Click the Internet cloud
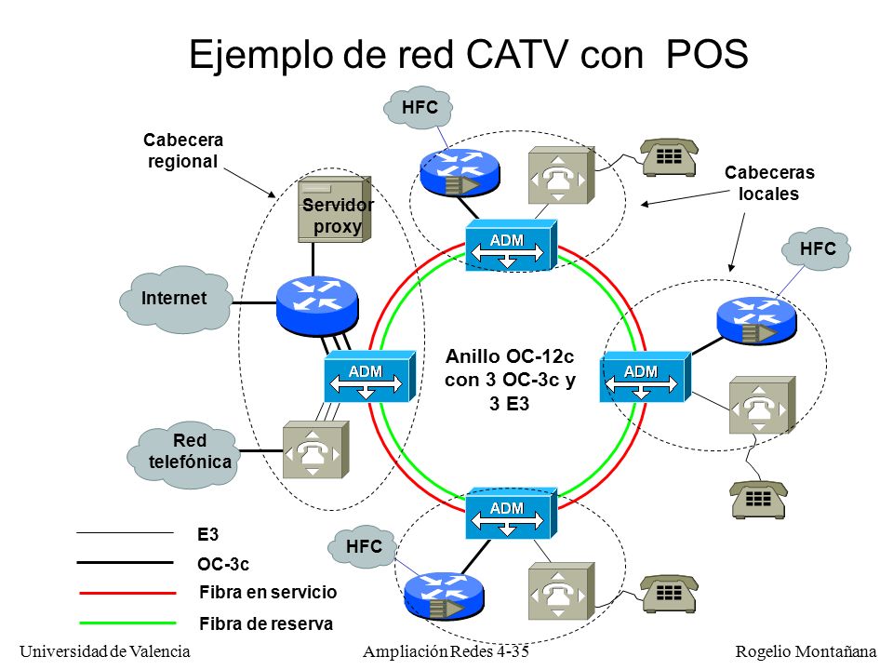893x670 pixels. coord(176,299)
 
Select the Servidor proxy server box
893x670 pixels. coord(335,208)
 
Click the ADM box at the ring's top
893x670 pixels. coord(511,245)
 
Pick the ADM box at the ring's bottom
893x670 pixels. coord(511,514)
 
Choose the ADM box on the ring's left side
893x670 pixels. coord(369,377)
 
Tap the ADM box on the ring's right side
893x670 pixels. coord(646,377)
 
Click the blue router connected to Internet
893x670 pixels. coord(317,304)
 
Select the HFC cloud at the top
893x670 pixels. coord(418,107)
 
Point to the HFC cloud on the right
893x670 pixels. coord(816,249)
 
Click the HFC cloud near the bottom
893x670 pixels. coord(363,547)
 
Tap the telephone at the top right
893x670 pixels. coord(669,157)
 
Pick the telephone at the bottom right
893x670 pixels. coord(759,499)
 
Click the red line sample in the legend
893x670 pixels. coord(127,593)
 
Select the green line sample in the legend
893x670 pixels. coord(127,623)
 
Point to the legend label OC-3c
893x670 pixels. coord(222,564)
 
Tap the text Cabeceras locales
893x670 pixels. coord(769,183)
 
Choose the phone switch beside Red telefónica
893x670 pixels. coord(315,449)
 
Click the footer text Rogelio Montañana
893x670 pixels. coord(806,651)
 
